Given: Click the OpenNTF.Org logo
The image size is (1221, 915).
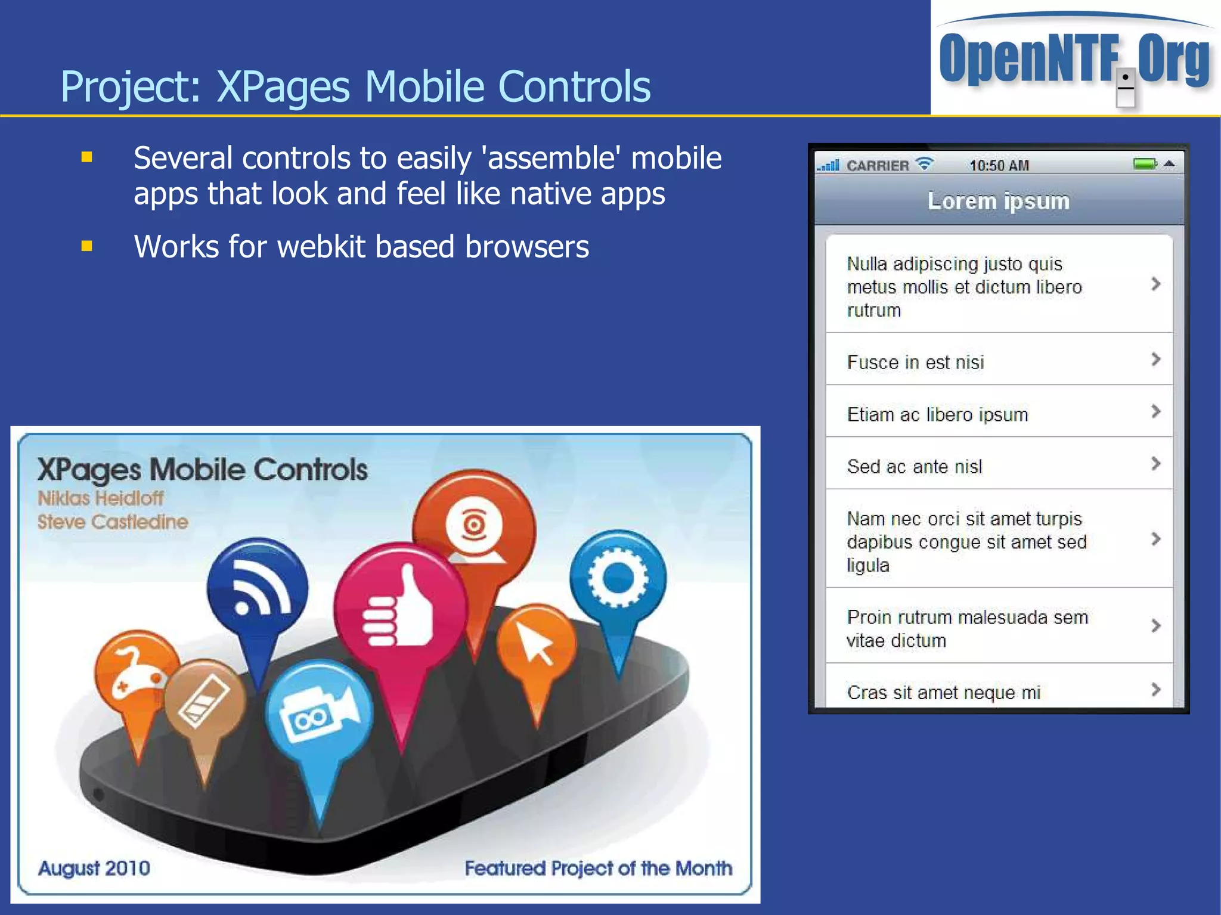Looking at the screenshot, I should pyautogui.click(x=1075, y=60).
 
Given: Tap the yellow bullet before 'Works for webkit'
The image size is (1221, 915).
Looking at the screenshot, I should pyautogui.click(x=87, y=246).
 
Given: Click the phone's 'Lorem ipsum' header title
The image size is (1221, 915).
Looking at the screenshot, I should pyautogui.click(x=999, y=201).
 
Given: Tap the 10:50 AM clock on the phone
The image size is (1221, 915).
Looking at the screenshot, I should pyautogui.click(x=999, y=166).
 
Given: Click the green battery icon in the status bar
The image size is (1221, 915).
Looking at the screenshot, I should pyautogui.click(x=1145, y=164).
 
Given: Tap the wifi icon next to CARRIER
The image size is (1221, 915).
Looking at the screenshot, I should pyautogui.click(x=925, y=164).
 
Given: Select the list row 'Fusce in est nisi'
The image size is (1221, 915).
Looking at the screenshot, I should pyautogui.click(x=999, y=362).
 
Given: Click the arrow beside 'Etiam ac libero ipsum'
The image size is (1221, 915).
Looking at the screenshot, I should pyautogui.click(x=1155, y=411).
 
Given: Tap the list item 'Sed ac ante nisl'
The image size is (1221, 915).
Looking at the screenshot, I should pyautogui.click(x=999, y=466).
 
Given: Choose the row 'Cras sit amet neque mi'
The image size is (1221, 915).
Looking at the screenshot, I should pyautogui.click(x=999, y=691).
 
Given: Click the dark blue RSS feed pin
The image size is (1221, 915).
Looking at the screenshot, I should pyautogui.click(x=258, y=590).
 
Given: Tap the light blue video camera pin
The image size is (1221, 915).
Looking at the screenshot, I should pyautogui.click(x=320, y=712).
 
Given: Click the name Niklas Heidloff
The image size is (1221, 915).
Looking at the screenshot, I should pyautogui.click(x=100, y=498).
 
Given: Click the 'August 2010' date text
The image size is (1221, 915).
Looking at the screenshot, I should pyautogui.click(x=94, y=868).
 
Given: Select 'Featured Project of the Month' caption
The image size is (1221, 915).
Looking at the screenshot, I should pyautogui.click(x=599, y=868).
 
